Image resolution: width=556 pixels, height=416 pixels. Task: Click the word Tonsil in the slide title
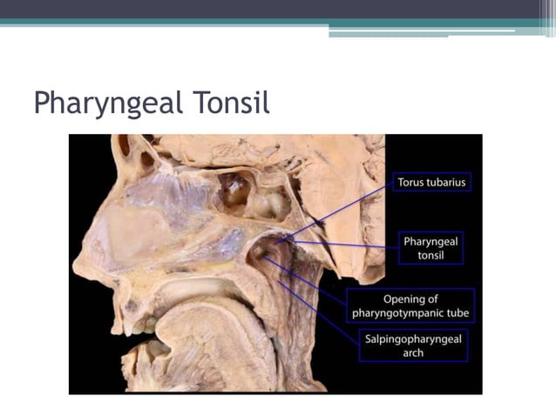(226, 103)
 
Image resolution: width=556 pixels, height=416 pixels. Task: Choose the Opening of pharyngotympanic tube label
(410, 305)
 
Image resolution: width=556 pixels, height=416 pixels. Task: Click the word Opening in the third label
(410, 299)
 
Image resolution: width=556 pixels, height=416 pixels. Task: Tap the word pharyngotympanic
(410, 313)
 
